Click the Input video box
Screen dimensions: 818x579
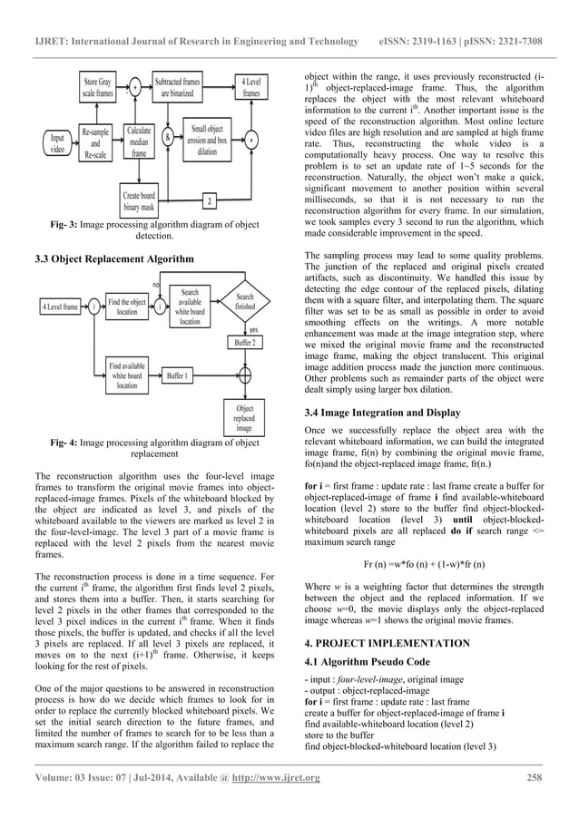click(x=56, y=144)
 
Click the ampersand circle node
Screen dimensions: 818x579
click(x=169, y=140)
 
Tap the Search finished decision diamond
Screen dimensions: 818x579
click(x=245, y=302)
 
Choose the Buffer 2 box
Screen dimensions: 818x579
click(x=245, y=344)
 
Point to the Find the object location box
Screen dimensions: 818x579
click(x=126, y=307)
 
